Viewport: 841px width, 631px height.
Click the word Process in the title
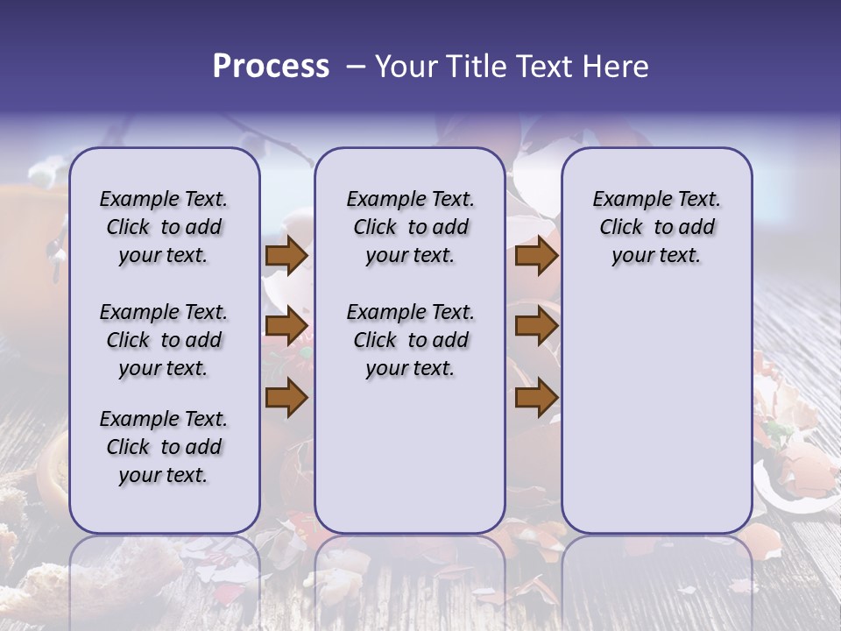coord(271,67)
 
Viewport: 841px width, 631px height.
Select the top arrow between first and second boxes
coord(286,256)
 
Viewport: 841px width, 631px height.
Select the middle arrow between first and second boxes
coord(286,327)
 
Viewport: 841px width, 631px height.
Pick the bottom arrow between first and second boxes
coord(286,398)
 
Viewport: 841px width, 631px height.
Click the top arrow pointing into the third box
coord(536,256)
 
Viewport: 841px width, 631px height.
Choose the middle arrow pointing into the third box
coord(536,327)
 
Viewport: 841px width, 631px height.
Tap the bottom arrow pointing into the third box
coord(536,398)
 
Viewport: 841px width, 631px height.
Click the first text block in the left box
coord(164,227)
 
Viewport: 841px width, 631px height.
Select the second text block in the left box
coord(164,340)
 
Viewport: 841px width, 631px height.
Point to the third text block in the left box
coord(164,447)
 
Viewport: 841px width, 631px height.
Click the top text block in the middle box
coord(410,227)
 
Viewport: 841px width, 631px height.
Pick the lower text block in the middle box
coord(410,340)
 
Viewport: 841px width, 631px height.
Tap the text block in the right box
coord(656,227)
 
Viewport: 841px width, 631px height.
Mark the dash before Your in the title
coord(355,67)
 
